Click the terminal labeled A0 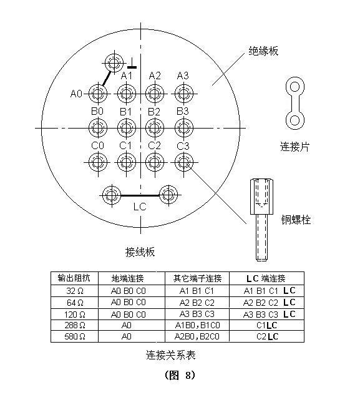point(98,94)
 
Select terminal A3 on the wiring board point(184,94)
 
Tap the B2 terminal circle point(155,128)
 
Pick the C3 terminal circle point(184,162)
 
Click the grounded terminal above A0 point(114,62)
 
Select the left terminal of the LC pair point(112,195)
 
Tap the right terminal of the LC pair point(168,195)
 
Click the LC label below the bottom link point(140,207)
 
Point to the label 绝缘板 point(263,51)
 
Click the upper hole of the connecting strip point(294,87)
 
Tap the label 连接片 point(294,147)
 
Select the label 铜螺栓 point(296,220)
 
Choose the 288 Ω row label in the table point(75,325)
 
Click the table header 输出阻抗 point(74,278)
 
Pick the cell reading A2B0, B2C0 point(197,336)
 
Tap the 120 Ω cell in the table point(75,315)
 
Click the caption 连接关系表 point(171,355)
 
